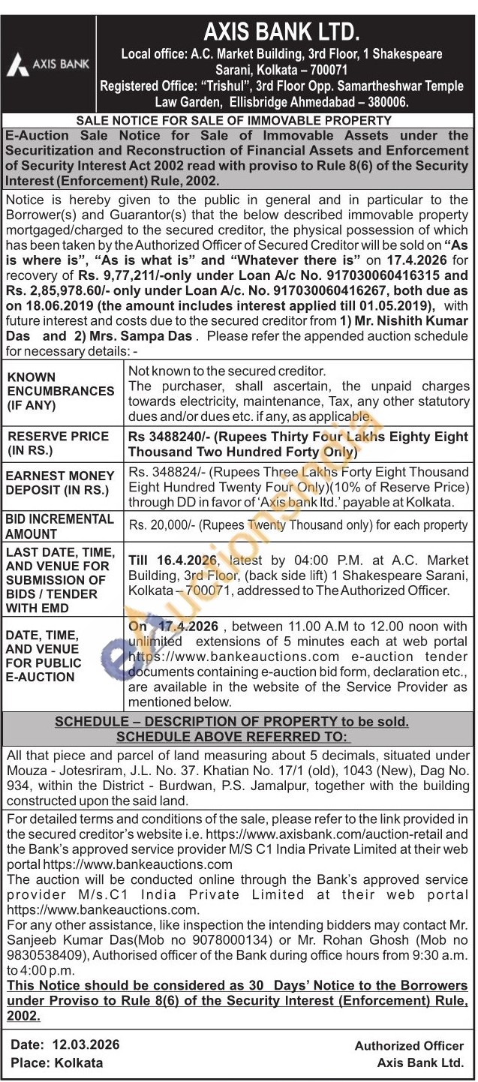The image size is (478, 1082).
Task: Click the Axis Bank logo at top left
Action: [x=48, y=65]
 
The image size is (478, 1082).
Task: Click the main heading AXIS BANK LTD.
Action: [x=281, y=32]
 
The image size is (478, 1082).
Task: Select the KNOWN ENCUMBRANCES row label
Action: [x=61, y=391]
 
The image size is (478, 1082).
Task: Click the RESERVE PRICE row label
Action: [x=58, y=443]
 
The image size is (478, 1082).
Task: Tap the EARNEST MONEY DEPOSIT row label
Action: [x=60, y=482]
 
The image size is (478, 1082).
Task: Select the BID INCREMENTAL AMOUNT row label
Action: [x=60, y=526]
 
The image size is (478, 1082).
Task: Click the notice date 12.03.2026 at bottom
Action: [x=86, y=1045]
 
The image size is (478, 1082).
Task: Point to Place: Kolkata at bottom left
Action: [x=57, y=1062]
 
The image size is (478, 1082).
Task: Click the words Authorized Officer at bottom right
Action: [x=409, y=1046]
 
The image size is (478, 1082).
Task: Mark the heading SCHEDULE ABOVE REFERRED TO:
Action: [x=233, y=737]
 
